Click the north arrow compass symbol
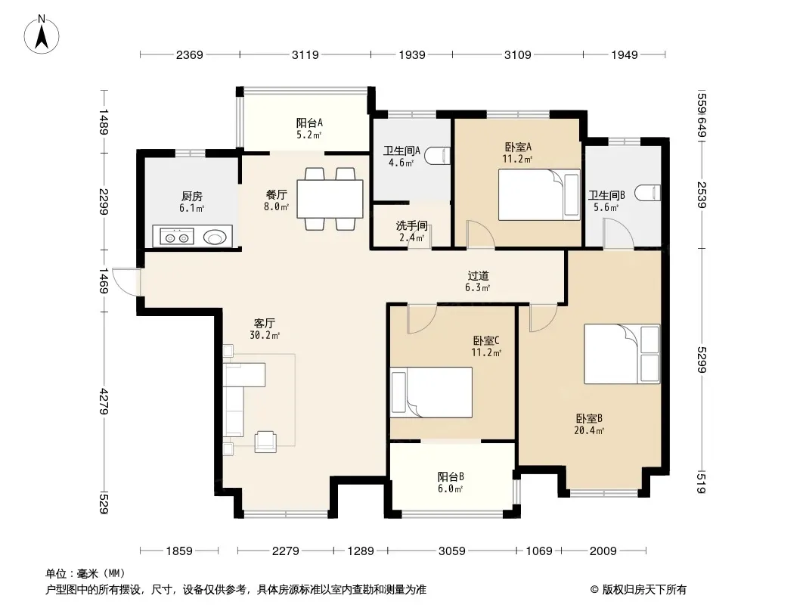click(42, 35)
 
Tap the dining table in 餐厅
click(330, 198)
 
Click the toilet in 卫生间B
click(648, 193)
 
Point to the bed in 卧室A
click(539, 195)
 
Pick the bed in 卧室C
click(431, 392)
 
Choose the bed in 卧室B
click(622, 354)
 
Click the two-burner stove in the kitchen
click(176, 237)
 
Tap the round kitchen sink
click(215, 237)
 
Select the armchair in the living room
click(265, 441)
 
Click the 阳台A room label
click(309, 123)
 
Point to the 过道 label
click(478, 276)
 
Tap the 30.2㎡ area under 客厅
click(265, 335)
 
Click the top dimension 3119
click(305, 54)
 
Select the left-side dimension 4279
click(104, 402)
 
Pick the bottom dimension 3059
click(452, 551)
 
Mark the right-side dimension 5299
click(702, 360)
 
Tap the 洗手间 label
click(412, 225)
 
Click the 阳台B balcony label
click(451, 476)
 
